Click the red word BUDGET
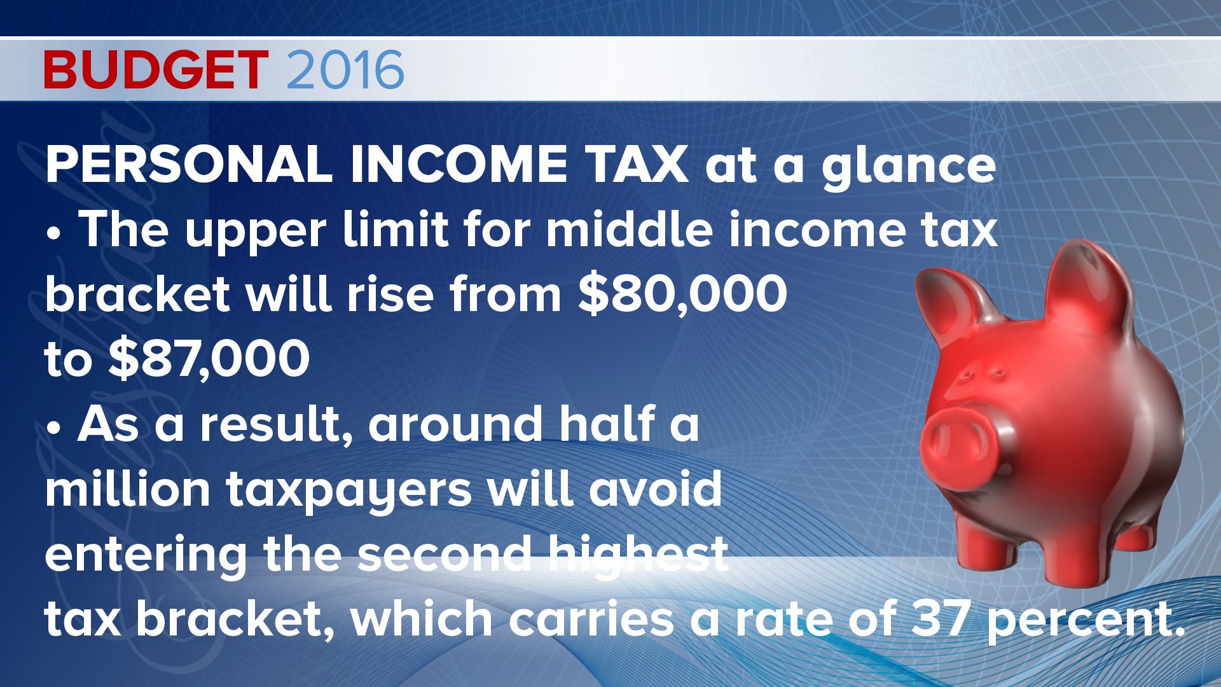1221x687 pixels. click(156, 69)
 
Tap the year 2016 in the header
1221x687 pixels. click(345, 69)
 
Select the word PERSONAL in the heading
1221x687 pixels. click(189, 165)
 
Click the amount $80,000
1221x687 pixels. click(683, 294)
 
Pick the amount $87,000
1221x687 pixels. click(209, 359)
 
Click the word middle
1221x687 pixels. click(630, 229)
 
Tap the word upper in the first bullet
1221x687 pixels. click(256, 232)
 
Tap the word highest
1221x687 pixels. click(638, 557)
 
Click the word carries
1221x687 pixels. click(591, 619)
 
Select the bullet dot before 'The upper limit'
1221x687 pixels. click(55, 233)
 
